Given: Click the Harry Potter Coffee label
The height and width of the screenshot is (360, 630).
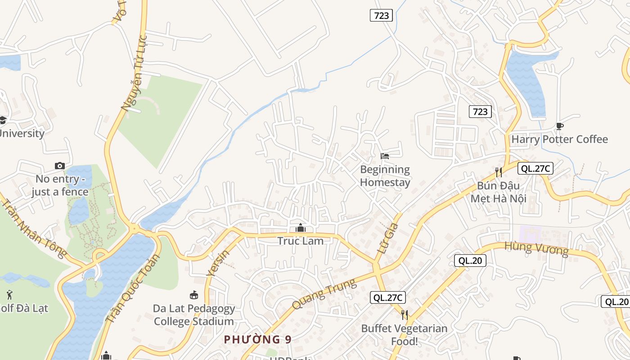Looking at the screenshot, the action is tap(559, 139).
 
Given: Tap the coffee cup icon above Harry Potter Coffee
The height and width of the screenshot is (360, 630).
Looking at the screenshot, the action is tap(559, 126).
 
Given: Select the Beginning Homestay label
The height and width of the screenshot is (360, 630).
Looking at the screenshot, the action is tap(385, 176).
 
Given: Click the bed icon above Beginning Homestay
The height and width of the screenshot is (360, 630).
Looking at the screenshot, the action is tap(385, 156).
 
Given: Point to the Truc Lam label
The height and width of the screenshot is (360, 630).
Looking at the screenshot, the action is tap(300, 241).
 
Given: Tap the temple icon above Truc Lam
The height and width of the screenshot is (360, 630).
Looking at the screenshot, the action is tap(300, 228).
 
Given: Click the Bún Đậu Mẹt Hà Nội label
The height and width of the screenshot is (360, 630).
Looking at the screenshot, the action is tap(498, 192).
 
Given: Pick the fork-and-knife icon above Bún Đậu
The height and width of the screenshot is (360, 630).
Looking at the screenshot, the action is tap(498, 172).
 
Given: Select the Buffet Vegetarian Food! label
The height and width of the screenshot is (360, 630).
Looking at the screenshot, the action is tap(404, 335).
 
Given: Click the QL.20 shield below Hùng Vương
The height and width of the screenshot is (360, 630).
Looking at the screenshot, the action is tap(470, 260).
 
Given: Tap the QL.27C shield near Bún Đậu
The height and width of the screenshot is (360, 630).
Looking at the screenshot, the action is tap(535, 168).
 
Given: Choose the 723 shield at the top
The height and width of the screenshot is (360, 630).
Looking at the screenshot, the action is tap(381, 15).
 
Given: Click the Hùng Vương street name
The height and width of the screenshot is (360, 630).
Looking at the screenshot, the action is tap(536, 248).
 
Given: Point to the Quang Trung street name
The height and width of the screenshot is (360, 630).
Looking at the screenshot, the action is tap(324, 294).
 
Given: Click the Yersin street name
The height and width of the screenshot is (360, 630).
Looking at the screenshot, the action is tap(218, 263).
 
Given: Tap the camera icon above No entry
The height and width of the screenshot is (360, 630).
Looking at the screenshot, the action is tap(60, 166).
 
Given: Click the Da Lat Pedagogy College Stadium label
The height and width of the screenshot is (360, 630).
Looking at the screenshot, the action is tap(193, 315).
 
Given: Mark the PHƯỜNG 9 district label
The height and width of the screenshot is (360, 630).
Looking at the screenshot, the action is tap(257, 339).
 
